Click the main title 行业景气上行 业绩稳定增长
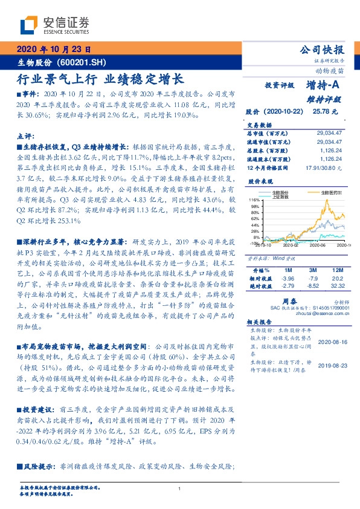pos(99,79)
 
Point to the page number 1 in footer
pos(180,488)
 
